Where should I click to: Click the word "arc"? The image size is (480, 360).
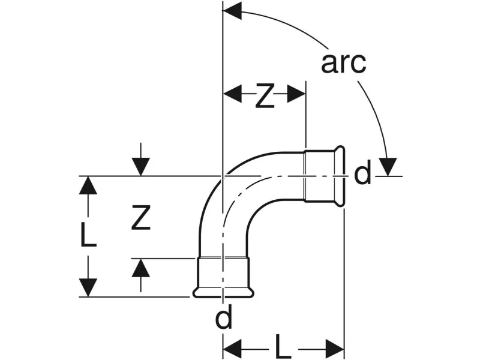(x=343, y=62)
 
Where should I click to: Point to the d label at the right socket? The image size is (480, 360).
(x=362, y=175)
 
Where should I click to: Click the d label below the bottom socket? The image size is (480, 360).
(x=223, y=319)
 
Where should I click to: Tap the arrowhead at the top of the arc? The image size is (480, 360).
(x=232, y=10)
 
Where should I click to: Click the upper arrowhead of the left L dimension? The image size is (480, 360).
(x=88, y=185)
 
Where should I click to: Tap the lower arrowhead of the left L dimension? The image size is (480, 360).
(x=88, y=287)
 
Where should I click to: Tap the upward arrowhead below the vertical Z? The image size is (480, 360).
(x=140, y=268)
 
